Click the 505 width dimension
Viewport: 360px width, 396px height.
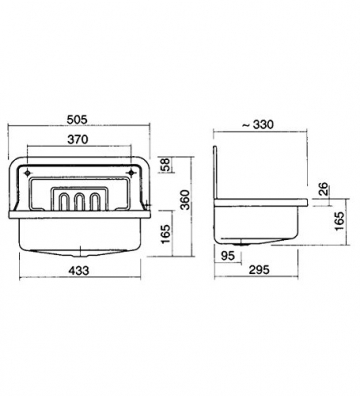pyautogui.click(x=77, y=119)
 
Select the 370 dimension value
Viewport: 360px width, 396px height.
pyautogui.click(x=78, y=139)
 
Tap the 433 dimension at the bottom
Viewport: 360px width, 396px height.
pyautogui.click(x=79, y=270)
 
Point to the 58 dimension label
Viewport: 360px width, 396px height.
pyautogui.click(x=167, y=164)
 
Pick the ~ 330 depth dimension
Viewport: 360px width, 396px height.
pyautogui.click(x=258, y=125)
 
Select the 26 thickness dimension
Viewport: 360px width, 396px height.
pyautogui.click(x=323, y=189)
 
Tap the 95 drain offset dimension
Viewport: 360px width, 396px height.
pyautogui.click(x=228, y=256)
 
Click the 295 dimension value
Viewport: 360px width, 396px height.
pyautogui.click(x=259, y=270)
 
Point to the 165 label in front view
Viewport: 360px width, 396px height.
pyautogui.click(x=165, y=234)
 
